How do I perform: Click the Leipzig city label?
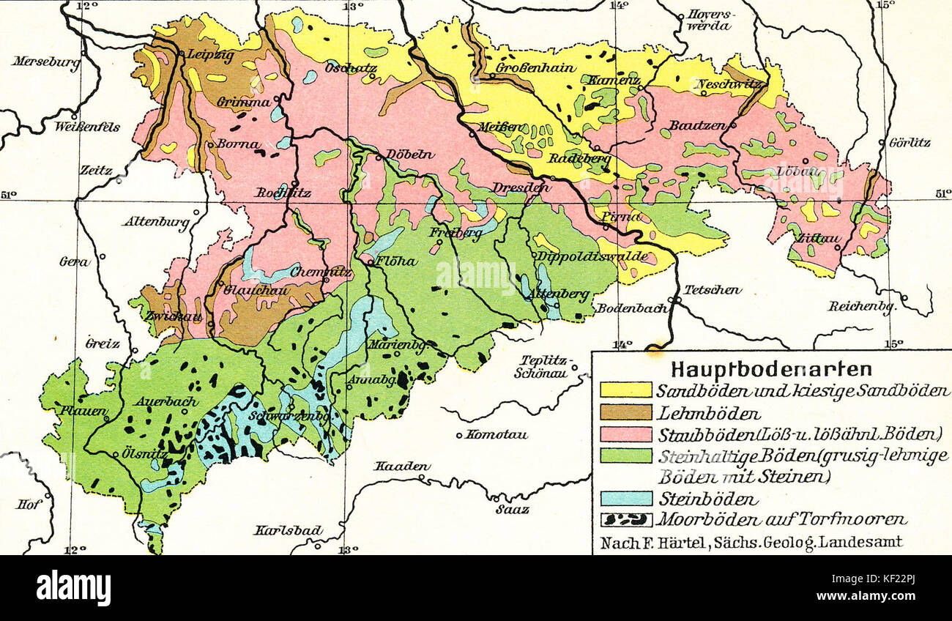210,54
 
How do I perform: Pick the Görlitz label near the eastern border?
909,142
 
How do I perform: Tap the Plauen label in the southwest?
84,411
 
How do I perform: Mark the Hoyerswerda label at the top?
710,21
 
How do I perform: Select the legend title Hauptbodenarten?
771,368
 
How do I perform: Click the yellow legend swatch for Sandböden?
625,390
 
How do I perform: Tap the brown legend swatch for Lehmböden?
625,412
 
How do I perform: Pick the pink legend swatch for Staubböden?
625,434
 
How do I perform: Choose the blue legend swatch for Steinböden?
625,499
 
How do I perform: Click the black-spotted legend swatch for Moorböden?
625,520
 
